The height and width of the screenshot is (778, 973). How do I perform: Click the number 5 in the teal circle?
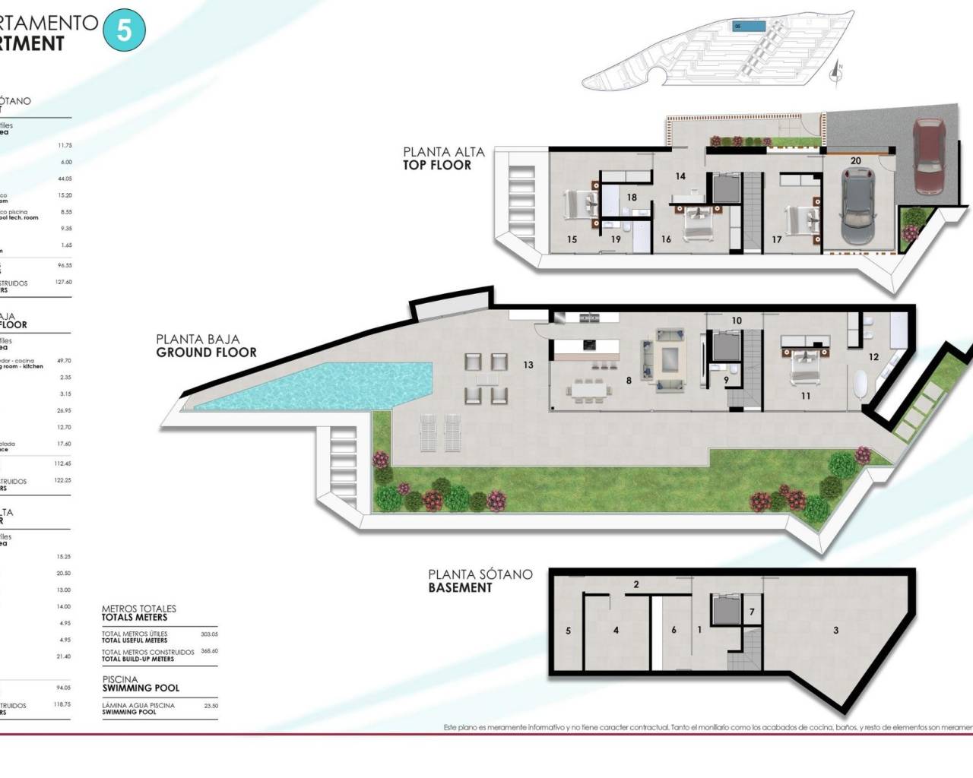[x=123, y=31]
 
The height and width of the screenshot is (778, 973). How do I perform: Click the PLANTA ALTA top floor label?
[x=443, y=158]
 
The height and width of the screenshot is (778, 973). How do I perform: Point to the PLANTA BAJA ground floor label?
[x=205, y=346]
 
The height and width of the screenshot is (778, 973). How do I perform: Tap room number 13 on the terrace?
[x=528, y=365]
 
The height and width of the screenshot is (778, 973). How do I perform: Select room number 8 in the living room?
[x=629, y=381]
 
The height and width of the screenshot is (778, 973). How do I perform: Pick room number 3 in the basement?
[x=836, y=631]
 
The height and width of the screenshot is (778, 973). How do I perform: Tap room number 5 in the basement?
[x=569, y=631]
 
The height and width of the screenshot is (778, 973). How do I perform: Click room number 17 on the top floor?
[x=776, y=239]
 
